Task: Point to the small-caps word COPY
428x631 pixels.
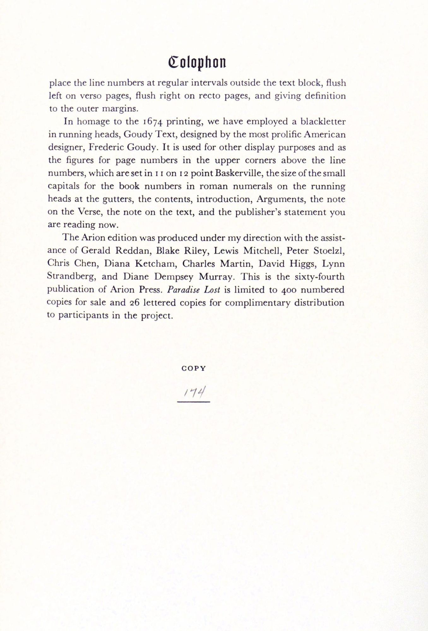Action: pos(194,368)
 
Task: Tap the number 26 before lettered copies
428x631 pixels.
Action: pos(135,303)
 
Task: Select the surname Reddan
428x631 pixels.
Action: pos(130,251)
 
